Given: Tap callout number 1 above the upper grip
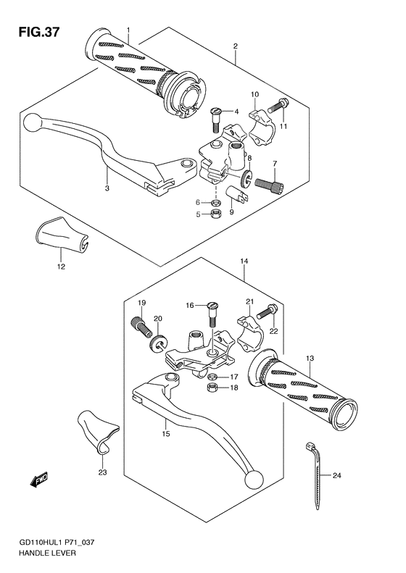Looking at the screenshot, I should pyautogui.click(x=128, y=30).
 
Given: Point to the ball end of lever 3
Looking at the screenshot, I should pyautogui.click(x=31, y=124).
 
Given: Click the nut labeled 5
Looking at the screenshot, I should pyautogui.click(x=215, y=214).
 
